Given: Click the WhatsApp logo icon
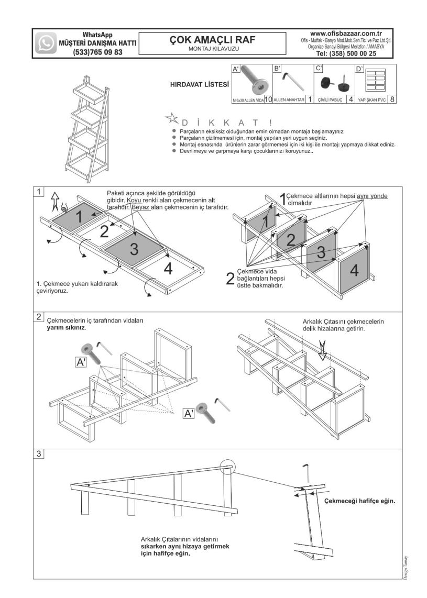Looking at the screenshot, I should pyautogui.click(x=46, y=43).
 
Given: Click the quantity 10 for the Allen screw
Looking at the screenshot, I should pyautogui.click(x=267, y=99).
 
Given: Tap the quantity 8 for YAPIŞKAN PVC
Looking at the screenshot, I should pyautogui.click(x=392, y=99).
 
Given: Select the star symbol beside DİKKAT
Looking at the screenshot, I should pyautogui.click(x=171, y=117).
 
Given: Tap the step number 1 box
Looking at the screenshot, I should pyautogui.click(x=39, y=192).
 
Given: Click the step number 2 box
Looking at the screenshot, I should pyautogui.click(x=39, y=317).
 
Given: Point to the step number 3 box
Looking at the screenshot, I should pyautogui.click(x=39, y=453).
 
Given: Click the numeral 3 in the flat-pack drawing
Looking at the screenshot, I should pyautogui.click(x=134, y=249).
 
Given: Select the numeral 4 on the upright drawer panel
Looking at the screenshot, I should pyautogui.click(x=355, y=270).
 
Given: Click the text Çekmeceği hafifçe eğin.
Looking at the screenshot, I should pyautogui.click(x=359, y=501).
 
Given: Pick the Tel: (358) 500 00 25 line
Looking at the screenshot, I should pyautogui.click(x=346, y=53).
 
